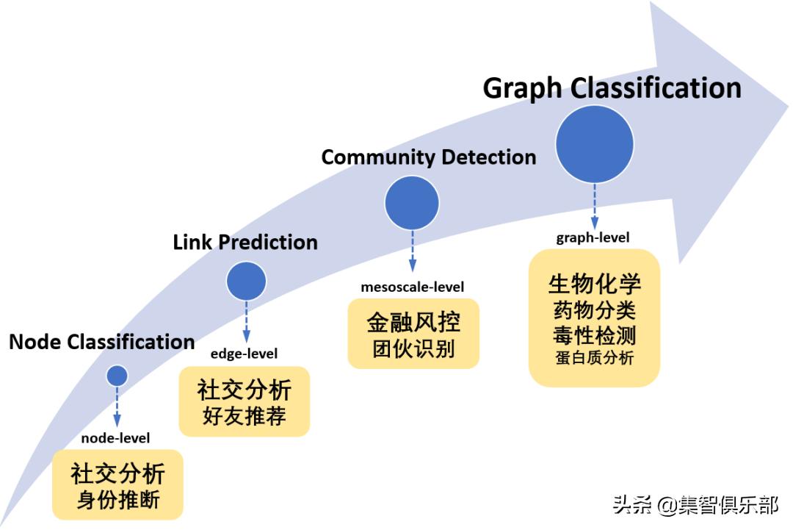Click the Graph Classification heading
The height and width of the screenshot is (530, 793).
612,87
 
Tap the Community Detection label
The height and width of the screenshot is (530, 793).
429,157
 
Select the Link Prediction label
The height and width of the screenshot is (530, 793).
245,242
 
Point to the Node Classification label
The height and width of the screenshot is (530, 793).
102,342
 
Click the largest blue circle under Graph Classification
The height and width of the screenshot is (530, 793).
594,144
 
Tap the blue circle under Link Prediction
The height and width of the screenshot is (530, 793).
246,280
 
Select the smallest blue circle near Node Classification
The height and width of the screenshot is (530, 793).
117,376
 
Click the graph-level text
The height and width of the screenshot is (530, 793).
593,237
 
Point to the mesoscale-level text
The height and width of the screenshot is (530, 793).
413,287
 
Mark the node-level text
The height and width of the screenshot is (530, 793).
115,438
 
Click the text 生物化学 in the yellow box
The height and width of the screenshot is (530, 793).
594,284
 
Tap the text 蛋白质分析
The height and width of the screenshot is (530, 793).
594,359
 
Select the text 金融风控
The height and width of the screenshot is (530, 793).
413,323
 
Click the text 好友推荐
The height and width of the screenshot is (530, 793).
245,417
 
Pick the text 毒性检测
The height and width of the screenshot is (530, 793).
594,335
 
